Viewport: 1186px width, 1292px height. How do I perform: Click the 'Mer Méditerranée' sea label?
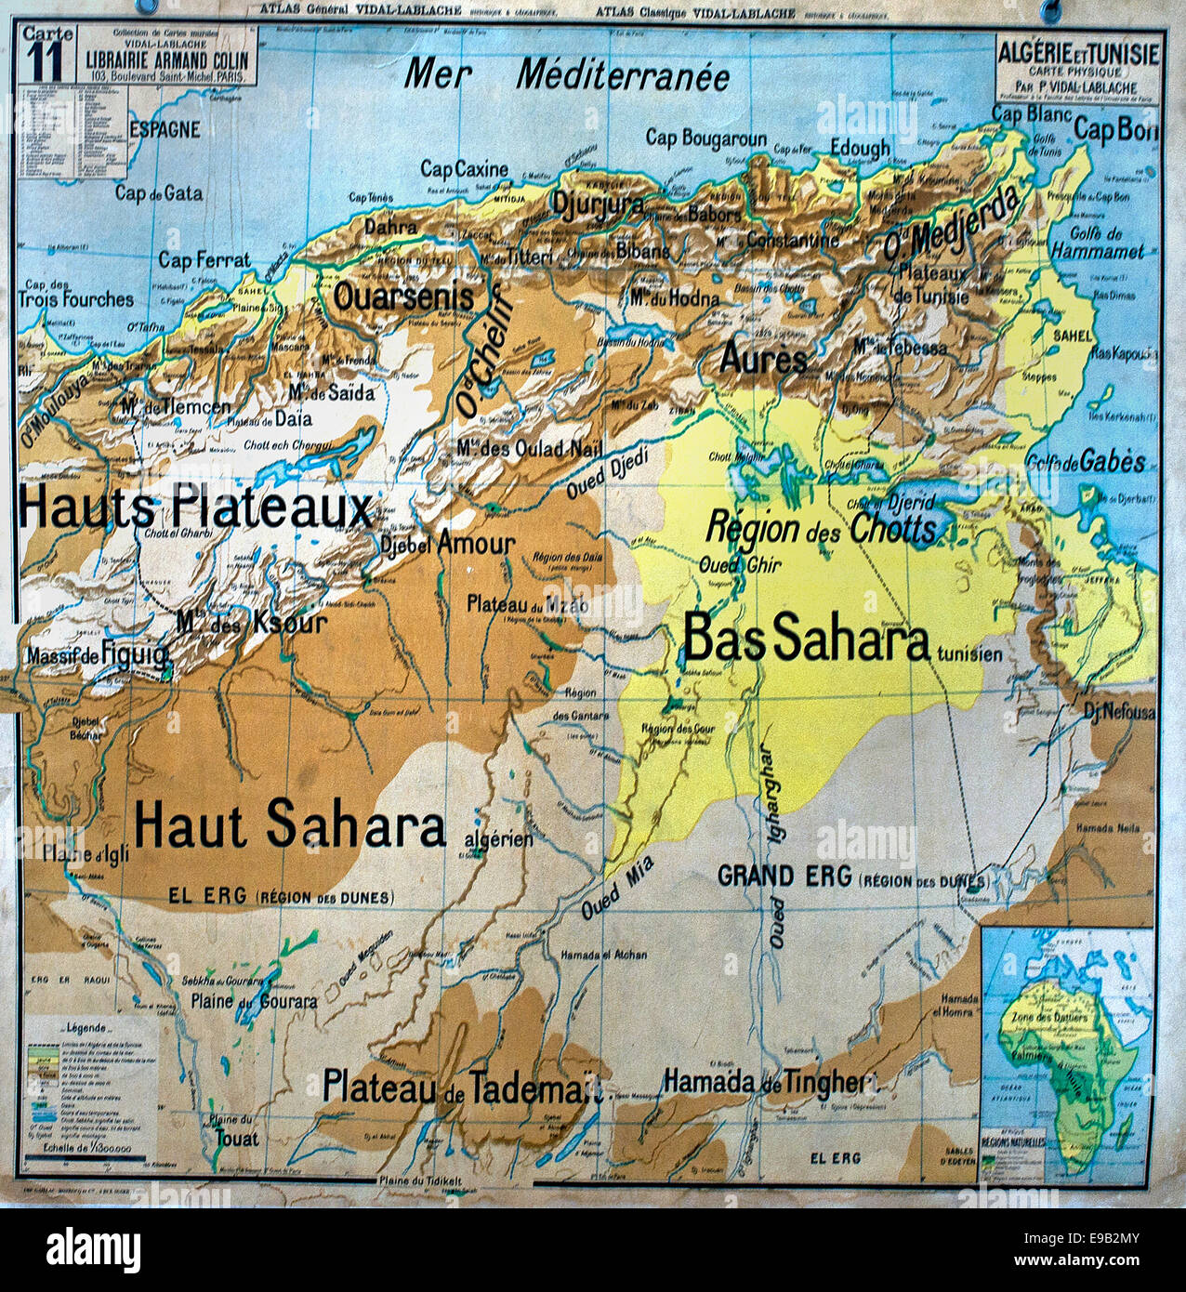tap(567, 75)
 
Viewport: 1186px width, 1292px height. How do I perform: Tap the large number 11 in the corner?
tap(44, 62)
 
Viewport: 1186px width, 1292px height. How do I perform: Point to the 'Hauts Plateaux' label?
tap(195, 508)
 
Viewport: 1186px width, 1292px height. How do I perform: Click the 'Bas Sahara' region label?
tap(806, 639)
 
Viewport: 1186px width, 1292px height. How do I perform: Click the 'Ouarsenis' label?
tap(403, 297)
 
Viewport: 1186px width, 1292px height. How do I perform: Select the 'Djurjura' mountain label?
tap(598, 204)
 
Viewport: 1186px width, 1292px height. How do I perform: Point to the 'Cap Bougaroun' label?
tap(705, 138)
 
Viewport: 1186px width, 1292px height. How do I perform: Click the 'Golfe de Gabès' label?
tap(1085, 462)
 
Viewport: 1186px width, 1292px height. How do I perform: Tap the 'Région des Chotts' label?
tap(821, 528)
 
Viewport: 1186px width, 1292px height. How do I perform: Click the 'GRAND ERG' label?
tap(784, 876)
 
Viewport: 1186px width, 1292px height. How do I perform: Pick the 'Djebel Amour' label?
tap(447, 544)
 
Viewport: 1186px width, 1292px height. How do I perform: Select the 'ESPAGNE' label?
tap(165, 129)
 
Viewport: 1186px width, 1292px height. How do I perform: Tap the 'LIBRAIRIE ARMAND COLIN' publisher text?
tap(167, 60)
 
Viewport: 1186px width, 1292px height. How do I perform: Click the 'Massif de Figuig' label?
tap(98, 656)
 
